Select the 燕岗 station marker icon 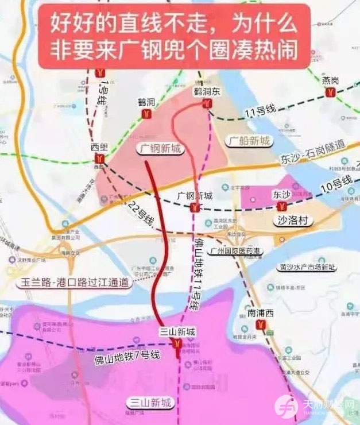pyautogui.click(x=330, y=94)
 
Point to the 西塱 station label pyautogui.click(x=99, y=146)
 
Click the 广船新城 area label pyautogui.click(x=248, y=140)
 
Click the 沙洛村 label pyautogui.click(x=293, y=221)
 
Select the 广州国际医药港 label pyautogui.click(x=237, y=250)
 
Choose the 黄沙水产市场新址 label pyautogui.click(x=307, y=267)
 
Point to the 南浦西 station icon pyautogui.click(x=261, y=326)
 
